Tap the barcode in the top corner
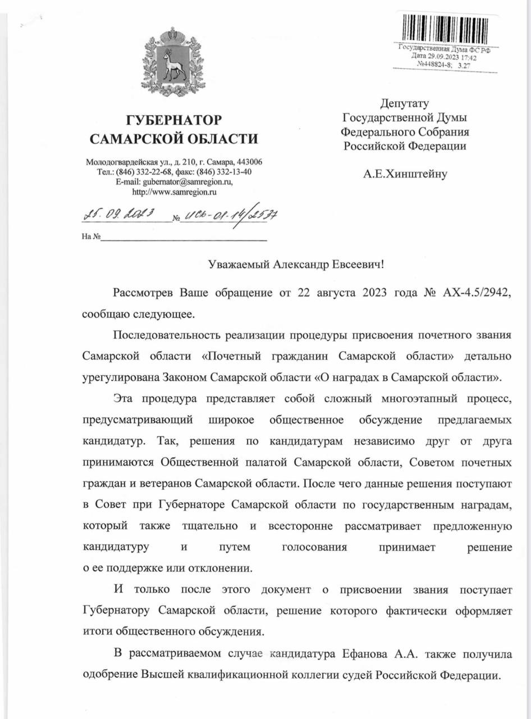(444, 28)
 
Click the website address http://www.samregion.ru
(174, 192)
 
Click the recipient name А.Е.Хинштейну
(405, 174)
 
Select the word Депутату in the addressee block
(405, 103)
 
